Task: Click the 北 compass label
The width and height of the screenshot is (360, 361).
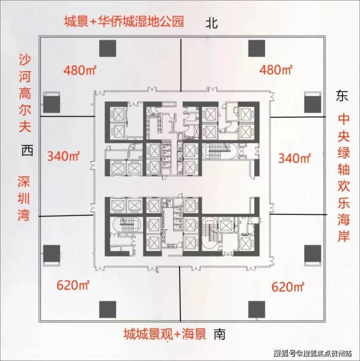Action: pyautogui.click(x=212, y=23)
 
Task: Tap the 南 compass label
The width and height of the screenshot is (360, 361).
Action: pyautogui.click(x=219, y=334)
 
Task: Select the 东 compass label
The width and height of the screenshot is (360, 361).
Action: pyautogui.click(x=342, y=96)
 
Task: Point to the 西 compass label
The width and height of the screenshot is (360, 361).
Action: pyautogui.click(x=27, y=150)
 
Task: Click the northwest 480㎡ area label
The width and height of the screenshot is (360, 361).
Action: pyautogui.click(x=80, y=70)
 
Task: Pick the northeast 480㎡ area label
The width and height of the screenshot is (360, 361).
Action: pyautogui.click(x=276, y=70)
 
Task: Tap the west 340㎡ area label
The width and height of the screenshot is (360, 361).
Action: pyautogui.click(x=63, y=156)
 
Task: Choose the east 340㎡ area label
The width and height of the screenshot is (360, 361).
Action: pyautogui.click(x=295, y=158)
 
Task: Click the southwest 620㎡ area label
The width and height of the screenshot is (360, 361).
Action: pyautogui.click(x=73, y=285)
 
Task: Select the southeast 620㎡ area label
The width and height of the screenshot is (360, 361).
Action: pyautogui.click(x=288, y=287)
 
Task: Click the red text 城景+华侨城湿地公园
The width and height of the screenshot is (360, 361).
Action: pyautogui.click(x=124, y=21)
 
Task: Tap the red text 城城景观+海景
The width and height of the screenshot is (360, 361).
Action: pyautogui.click(x=165, y=334)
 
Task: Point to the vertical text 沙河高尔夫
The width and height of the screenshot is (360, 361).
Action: pyautogui.click(x=25, y=93)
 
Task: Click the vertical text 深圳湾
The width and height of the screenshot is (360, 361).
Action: pyautogui.click(x=24, y=199)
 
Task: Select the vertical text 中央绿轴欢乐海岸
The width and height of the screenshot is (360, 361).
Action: pyautogui.click(x=343, y=178)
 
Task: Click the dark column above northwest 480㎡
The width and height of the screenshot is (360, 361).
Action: pyautogui.click(x=108, y=48)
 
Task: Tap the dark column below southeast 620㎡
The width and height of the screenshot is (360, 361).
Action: pyautogui.click(x=257, y=309)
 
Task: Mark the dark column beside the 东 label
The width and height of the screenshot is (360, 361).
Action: pyautogui.click(x=313, y=104)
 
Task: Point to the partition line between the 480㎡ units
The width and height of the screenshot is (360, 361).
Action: pyautogui.click(x=181, y=65)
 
